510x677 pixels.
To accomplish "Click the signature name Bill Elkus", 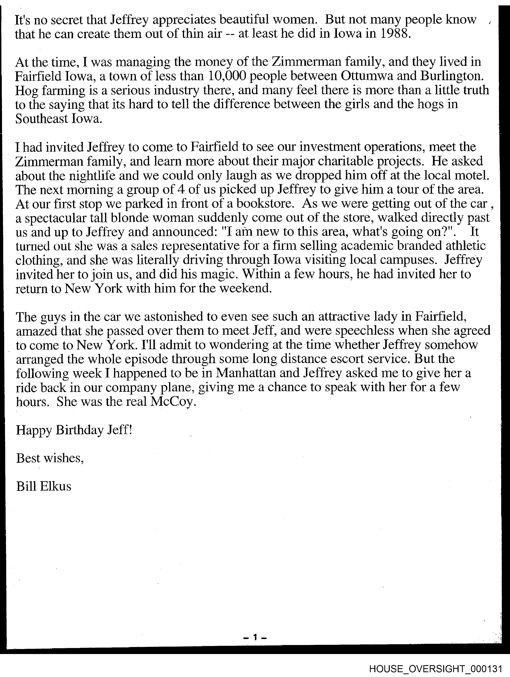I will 44,486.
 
